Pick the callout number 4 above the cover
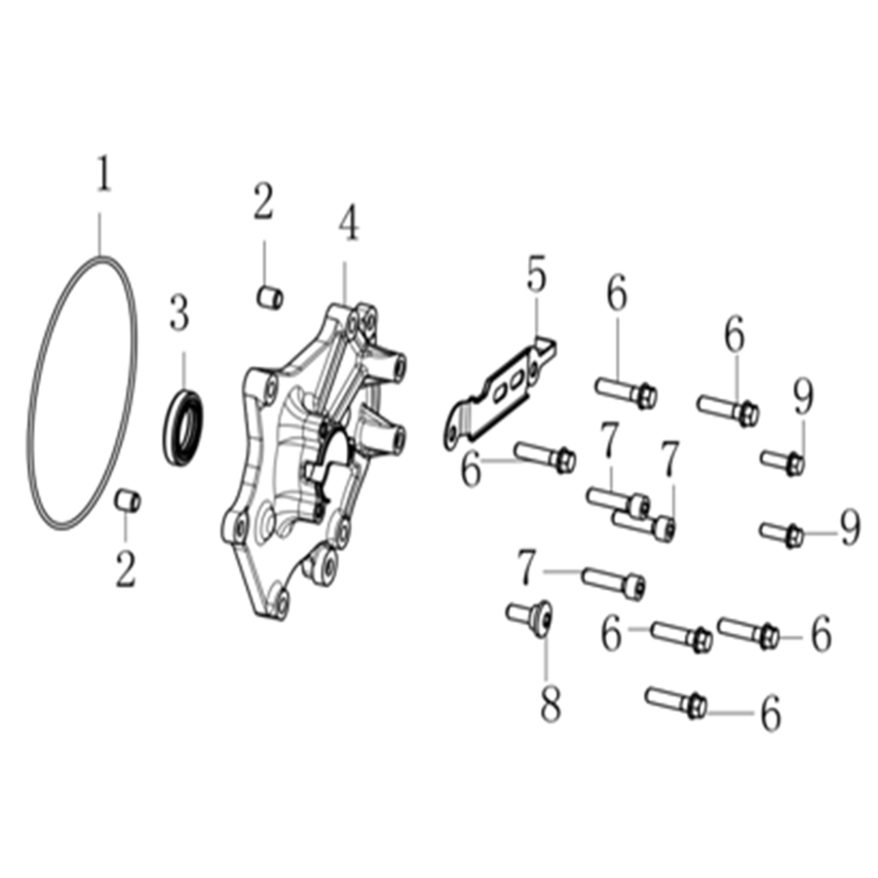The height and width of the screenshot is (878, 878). pos(349,223)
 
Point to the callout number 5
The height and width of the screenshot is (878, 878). pos(536,274)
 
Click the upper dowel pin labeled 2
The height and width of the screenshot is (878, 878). pos(270,297)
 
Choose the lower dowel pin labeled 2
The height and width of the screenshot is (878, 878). pos(127,500)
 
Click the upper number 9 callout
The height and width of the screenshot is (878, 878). pos(804,397)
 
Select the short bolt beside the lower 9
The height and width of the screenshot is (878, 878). pos(781,534)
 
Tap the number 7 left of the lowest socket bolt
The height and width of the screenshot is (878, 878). pos(527,567)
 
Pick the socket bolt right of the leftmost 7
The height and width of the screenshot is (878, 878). pos(614,584)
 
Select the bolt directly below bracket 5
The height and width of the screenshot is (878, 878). pos(545,457)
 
